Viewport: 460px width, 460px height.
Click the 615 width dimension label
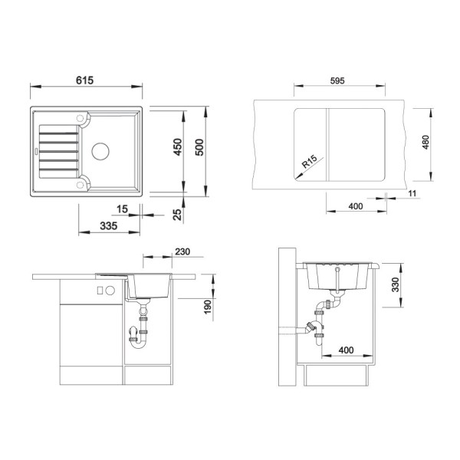point(84,80)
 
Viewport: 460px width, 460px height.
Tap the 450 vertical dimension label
point(178,147)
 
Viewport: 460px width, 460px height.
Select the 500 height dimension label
point(199,147)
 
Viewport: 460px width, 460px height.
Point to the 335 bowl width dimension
point(109,226)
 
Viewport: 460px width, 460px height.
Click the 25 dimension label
point(177,215)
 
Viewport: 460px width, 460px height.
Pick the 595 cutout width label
point(337,80)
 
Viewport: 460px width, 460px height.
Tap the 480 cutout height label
point(426,142)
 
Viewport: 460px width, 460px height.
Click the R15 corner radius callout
point(309,161)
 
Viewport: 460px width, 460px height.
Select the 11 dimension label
point(412,193)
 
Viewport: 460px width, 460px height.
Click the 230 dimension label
point(182,251)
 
